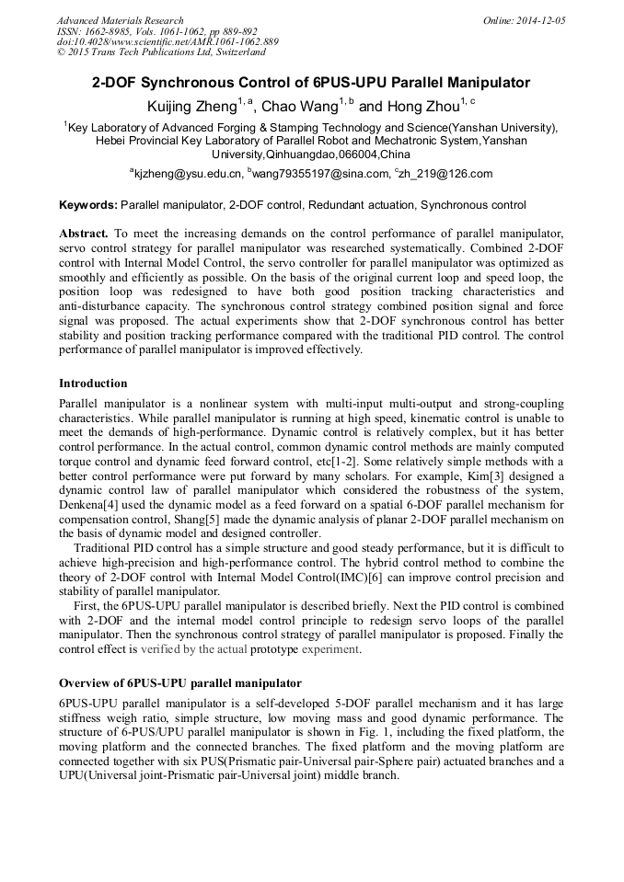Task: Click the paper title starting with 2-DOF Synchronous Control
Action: click(x=311, y=83)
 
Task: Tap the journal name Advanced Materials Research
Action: click(x=121, y=20)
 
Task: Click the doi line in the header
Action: click(x=168, y=41)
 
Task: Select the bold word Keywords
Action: click(x=87, y=205)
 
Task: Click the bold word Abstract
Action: click(x=84, y=235)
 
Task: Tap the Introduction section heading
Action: click(x=93, y=384)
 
